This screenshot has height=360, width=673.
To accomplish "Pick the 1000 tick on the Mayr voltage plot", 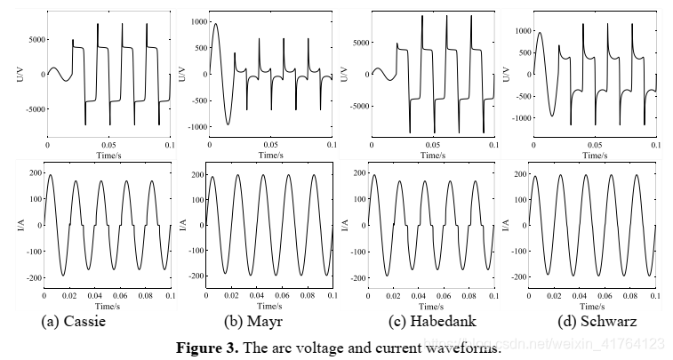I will (196, 21).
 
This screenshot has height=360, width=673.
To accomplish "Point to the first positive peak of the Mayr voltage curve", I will (215, 24).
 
